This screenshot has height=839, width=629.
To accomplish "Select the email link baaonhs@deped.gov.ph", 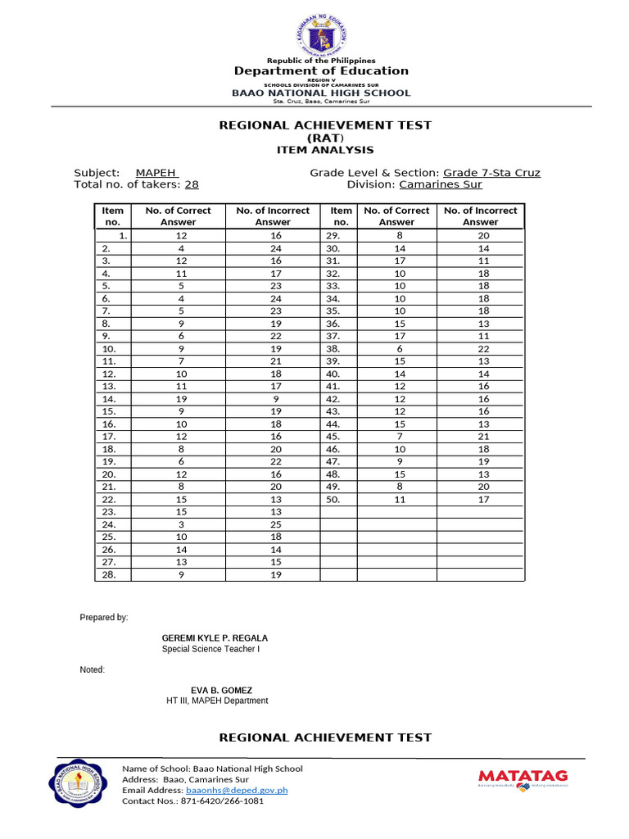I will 237,791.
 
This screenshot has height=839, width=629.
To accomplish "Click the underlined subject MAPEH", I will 156,173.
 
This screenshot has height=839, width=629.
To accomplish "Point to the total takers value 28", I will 192,185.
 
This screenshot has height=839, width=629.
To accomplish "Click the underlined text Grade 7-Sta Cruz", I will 491,173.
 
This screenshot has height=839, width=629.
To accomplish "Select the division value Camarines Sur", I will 440,185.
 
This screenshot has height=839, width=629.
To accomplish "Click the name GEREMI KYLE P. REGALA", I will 215,638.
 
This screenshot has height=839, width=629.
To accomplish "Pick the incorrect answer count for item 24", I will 273,524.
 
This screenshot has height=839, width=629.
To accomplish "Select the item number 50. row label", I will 333,499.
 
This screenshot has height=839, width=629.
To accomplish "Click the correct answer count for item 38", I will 396,348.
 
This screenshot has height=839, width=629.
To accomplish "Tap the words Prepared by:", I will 103,617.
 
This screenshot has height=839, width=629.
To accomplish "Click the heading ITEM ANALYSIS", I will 324,150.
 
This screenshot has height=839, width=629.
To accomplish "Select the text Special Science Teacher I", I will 211,650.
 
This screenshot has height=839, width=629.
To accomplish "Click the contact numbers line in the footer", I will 192,801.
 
